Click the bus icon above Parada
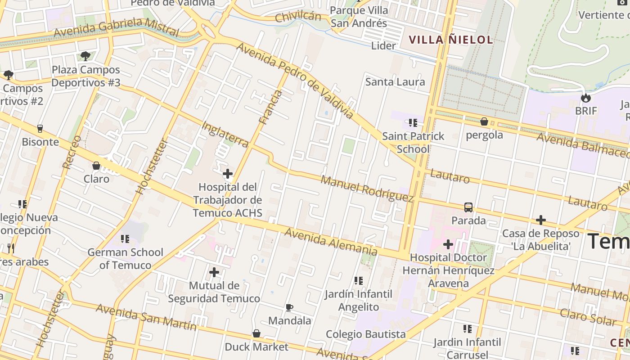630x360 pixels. pyautogui.click(x=468, y=207)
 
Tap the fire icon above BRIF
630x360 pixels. pyautogui.click(x=585, y=98)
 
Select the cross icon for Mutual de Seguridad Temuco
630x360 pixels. pyautogui.click(x=214, y=272)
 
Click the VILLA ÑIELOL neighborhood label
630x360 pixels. pyautogui.click(x=451, y=40)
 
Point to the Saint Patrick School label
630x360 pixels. pyautogui.click(x=413, y=142)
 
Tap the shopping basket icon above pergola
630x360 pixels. pyautogui.click(x=484, y=121)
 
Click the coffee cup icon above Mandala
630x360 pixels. pyautogui.click(x=289, y=308)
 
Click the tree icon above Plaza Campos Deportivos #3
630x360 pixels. pyautogui.click(x=85, y=56)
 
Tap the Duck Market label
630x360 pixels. pyautogui.click(x=256, y=347)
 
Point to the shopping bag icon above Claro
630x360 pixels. pyautogui.click(x=96, y=166)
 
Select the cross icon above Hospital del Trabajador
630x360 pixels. pyautogui.click(x=228, y=174)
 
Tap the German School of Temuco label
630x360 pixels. pyautogui.click(x=125, y=258)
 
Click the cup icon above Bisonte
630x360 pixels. pyautogui.click(x=40, y=129)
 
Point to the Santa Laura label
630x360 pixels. pyautogui.click(x=395, y=82)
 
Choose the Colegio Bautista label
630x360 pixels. pyautogui.click(x=365, y=334)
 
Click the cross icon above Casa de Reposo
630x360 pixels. pyautogui.click(x=540, y=220)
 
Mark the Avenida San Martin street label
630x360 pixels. pyautogui.click(x=146, y=317)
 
